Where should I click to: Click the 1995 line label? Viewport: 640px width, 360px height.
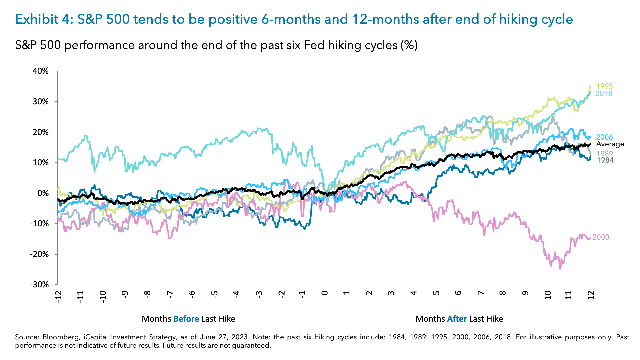click(x=604, y=86)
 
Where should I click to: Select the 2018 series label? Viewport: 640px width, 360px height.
click(x=604, y=94)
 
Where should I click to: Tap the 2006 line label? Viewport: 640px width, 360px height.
click(x=604, y=137)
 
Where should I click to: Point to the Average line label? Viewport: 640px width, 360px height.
click(x=610, y=144)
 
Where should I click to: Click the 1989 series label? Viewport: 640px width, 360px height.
click(x=604, y=154)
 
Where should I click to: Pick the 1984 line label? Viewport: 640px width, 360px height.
click(x=605, y=160)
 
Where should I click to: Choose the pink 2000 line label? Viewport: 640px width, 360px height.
click(x=601, y=237)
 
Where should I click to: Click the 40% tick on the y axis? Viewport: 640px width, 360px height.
click(x=41, y=71)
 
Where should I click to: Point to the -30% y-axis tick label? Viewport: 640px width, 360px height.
click(x=39, y=285)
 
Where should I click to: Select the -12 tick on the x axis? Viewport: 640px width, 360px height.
click(x=58, y=296)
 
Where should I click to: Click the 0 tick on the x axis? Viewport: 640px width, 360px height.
click(x=325, y=293)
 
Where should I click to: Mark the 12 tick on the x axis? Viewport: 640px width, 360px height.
click(x=591, y=295)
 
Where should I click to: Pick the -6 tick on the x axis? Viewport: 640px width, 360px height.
click(x=192, y=294)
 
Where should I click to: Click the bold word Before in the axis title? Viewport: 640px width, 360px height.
click(x=186, y=319)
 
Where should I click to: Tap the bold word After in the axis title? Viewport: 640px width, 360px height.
click(x=457, y=319)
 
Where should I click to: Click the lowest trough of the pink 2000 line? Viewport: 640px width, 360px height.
click(x=560, y=268)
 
